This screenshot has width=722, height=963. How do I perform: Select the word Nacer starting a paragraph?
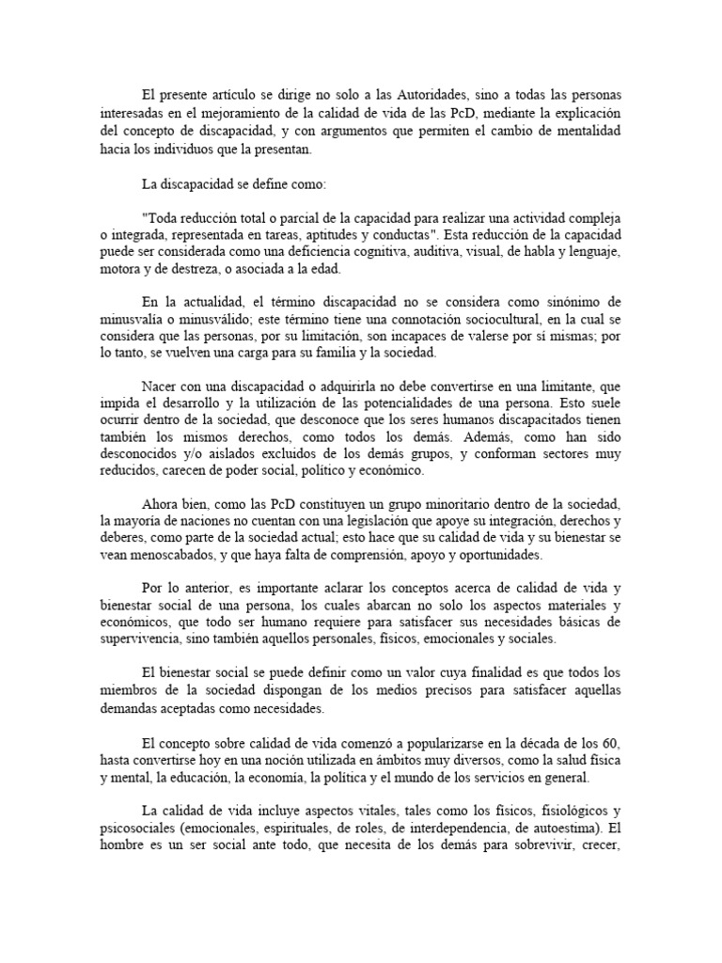click(162, 387)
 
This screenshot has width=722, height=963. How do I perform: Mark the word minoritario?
click(411, 503)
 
